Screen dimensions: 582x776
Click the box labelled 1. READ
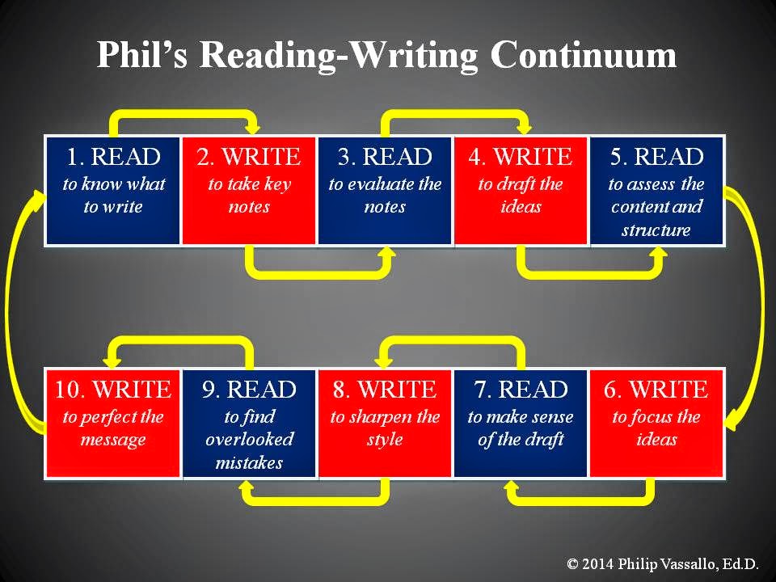113,191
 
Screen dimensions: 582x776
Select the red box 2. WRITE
249,191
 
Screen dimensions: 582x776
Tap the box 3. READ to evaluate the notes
385,191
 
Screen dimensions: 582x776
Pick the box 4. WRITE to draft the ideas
521,191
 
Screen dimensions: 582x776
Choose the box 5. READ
656,191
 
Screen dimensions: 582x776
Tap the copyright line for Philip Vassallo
663,563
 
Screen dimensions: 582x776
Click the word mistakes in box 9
250,463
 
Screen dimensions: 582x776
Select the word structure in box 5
656,230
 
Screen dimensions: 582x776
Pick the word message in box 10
113,440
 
